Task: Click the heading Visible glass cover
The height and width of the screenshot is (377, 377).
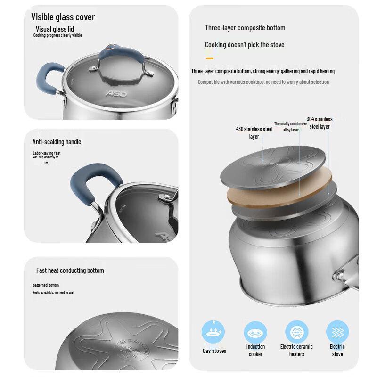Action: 63,17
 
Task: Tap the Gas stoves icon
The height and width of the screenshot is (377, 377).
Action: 213,332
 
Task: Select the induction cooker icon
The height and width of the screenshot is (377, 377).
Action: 255,332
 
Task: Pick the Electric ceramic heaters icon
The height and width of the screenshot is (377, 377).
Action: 296,332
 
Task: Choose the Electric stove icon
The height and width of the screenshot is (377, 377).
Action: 337,332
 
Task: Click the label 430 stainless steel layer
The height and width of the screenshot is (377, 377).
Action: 254,132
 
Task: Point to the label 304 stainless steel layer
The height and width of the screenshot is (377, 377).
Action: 320,123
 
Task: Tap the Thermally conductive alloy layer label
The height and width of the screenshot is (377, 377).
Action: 290,127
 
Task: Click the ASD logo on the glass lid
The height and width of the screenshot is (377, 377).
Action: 116,94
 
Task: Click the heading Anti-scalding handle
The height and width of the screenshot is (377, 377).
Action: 57,142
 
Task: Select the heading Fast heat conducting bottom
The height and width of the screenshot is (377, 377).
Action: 70,270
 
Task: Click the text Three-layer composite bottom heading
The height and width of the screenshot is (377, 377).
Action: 245,28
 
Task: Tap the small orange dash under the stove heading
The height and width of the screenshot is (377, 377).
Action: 209,58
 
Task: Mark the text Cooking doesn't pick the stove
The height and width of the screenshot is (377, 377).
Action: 244,45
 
